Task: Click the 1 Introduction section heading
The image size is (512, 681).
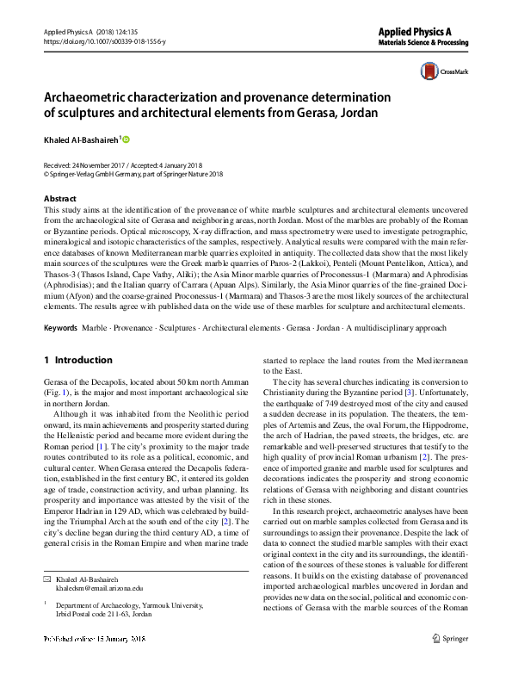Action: coord(77,360)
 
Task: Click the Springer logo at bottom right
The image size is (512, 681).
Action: coord(450,662)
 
